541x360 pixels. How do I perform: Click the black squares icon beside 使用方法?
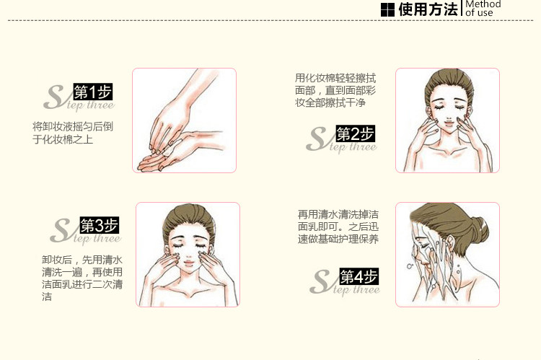point(387,9)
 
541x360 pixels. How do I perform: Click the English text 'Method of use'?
point(483,9)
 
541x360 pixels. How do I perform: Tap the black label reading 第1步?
point(93,92)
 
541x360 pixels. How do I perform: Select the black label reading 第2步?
point(356,133)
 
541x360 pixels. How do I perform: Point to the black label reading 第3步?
point(100,225)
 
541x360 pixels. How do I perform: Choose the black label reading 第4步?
point(359,276)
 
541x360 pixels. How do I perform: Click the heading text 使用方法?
point(428,9)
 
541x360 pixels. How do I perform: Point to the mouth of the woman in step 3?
point(189,263)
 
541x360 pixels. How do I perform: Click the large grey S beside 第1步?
point(54,97)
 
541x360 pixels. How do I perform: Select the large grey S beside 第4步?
point(321,281)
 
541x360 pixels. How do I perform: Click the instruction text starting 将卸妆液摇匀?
point(73,133)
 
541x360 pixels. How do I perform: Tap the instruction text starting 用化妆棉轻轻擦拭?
point(335,90)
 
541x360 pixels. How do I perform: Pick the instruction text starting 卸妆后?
point(82,278)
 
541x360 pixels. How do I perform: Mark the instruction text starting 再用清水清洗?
point(338,227)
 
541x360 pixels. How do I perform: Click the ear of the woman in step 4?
point(450,243)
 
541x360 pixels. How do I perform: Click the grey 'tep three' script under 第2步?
point(353,147)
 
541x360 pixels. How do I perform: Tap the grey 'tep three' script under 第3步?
point(97,239)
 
